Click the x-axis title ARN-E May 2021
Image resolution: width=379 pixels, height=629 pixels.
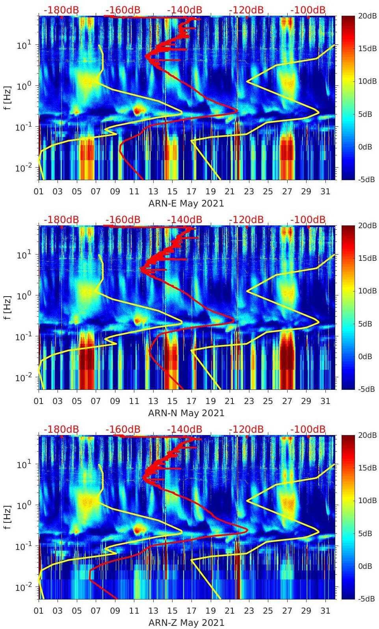click(186, 203)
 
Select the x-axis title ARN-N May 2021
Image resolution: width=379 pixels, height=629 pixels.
click(186, 413)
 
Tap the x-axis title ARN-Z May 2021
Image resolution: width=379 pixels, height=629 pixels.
click(186, 623)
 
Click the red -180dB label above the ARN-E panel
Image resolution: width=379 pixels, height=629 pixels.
click(61, 10)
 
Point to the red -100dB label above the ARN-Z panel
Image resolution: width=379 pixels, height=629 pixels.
click(308, 429)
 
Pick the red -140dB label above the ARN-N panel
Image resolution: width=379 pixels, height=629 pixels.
click(184, 220)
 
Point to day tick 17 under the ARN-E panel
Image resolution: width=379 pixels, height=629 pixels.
click(191, 192)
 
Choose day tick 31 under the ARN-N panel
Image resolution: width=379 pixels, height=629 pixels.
click(325, 401)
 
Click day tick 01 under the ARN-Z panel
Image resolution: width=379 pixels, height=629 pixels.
click(39, 611)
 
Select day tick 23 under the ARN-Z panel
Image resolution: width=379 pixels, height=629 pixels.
click(249, 611)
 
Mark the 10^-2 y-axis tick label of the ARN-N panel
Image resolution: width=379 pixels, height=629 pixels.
click(22, 378)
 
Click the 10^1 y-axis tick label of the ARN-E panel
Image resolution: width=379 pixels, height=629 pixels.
click(23, 45)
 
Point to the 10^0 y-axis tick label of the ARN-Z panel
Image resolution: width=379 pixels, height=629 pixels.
click(23, 505)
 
